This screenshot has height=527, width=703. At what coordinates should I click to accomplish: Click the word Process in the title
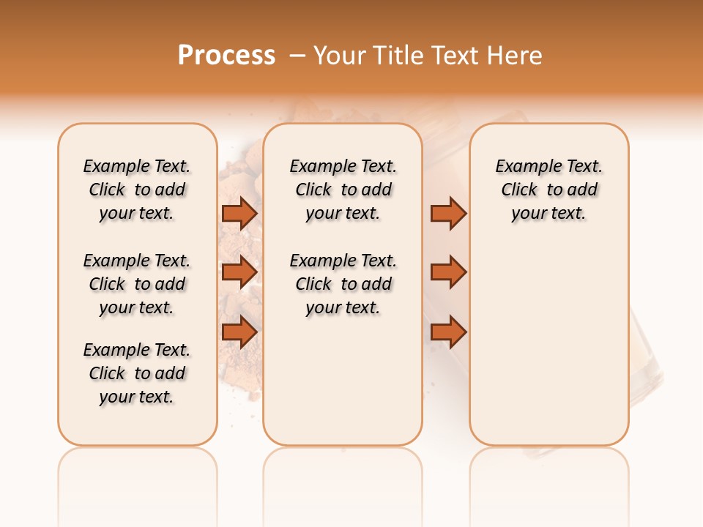coord(226,56)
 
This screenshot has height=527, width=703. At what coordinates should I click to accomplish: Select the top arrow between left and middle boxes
coord(239,213)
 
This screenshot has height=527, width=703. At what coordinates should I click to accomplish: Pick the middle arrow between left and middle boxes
coord(239,272)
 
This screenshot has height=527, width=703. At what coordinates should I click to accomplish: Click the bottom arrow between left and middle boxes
coord(239,332)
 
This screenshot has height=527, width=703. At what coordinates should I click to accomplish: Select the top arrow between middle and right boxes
coord(448,213)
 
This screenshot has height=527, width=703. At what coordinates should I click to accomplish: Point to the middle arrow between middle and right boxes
coord(448,272)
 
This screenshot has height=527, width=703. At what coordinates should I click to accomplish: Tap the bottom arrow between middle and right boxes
coord(448,332)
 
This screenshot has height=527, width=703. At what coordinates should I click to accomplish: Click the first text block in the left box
coord(137,190)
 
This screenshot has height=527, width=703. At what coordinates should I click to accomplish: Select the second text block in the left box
coord(137,284)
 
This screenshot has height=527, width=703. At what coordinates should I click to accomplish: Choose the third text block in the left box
coord(137,373)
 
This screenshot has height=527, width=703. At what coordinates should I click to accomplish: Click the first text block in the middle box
coord(343,190)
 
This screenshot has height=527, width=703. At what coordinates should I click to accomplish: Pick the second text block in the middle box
coord(343,284)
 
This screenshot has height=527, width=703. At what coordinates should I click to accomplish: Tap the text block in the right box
coord(548,190)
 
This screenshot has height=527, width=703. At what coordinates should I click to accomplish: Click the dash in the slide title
coord(297,56)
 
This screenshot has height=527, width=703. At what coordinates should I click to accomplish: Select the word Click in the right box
coord(519,190)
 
